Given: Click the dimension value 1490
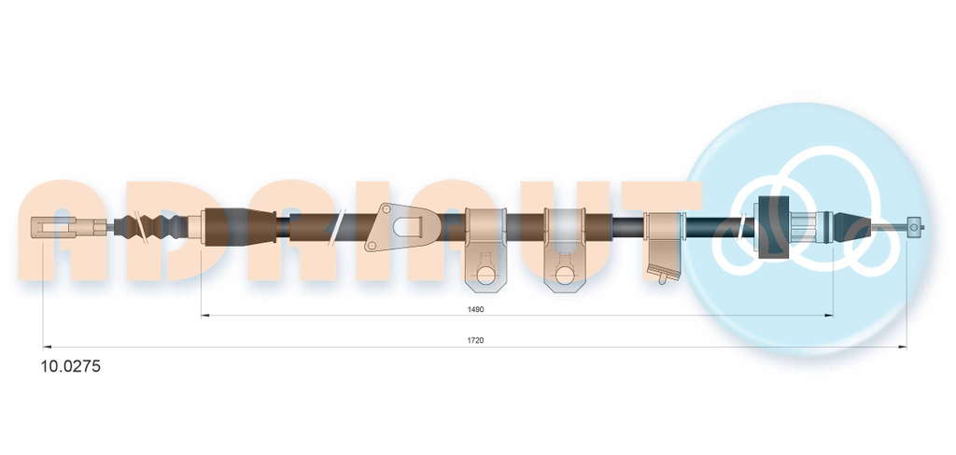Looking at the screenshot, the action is point(475,309).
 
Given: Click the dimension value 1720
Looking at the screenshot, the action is point(475,340).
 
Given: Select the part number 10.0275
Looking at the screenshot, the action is point(70,366).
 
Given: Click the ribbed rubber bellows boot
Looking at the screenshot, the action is point(150,227).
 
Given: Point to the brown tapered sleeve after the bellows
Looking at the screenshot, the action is point(240,227).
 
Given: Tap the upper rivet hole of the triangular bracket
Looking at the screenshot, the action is point(387,209).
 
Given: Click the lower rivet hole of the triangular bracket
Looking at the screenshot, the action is point(372,245).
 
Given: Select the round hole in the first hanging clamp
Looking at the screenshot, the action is point(485,275).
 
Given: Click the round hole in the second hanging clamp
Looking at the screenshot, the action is point(565,275).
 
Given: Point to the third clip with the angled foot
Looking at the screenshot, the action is point(664,247).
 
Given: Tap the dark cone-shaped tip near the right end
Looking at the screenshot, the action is point(851,226).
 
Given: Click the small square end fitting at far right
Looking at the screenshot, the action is point(913,227).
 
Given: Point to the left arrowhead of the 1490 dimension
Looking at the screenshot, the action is point(205,316).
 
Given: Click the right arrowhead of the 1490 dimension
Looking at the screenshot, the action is point(829,316).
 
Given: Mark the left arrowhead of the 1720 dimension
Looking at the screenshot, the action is point(48,347).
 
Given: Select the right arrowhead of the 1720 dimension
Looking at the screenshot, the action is point(903,347).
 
